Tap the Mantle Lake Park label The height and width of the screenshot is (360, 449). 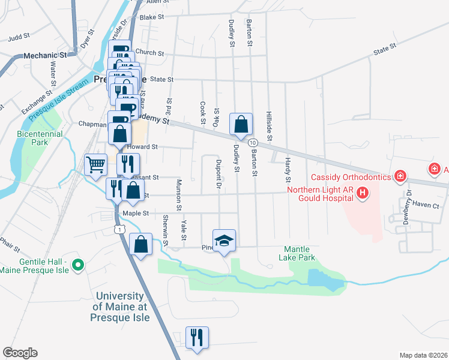click(x=297, y=253)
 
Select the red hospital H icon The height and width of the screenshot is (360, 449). click(x=363, y=193)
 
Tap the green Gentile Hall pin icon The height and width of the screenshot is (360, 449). click(x=77, y=264)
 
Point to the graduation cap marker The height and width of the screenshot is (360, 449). click(x=224, y=241)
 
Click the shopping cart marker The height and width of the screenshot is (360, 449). click(x=96, y=164)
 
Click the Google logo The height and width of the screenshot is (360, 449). click(x=20, y=353)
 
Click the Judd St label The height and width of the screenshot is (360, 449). click(x=19, y=37)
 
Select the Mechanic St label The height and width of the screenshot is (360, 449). click(x=43, y=56)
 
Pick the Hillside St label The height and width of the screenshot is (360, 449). click(x=270, y=127)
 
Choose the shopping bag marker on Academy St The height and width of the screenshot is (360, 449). click(x=241, y=125)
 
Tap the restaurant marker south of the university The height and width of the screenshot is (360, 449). click(x=196, y=338)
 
